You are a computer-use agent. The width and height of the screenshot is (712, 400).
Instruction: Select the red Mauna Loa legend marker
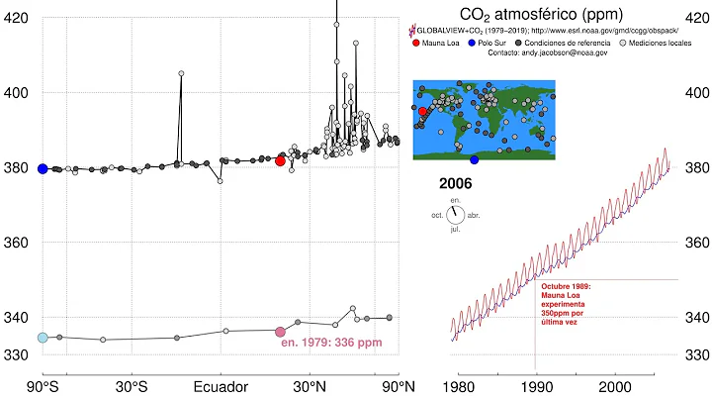point(416,42)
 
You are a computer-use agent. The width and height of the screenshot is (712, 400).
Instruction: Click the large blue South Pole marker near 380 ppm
point(43,168)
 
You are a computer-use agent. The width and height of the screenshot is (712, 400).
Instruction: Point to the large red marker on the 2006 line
point(280,160)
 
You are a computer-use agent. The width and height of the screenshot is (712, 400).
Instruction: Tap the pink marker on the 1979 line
point(280,332)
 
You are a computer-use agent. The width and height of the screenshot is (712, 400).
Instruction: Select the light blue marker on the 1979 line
point(43,338)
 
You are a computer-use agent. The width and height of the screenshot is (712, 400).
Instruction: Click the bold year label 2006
point(456,184)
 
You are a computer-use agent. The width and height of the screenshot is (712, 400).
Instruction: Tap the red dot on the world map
point(422,111)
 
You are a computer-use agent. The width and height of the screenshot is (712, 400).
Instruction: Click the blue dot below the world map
point(475,159)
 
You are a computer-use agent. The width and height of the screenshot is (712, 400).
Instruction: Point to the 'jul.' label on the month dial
point(455,229)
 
